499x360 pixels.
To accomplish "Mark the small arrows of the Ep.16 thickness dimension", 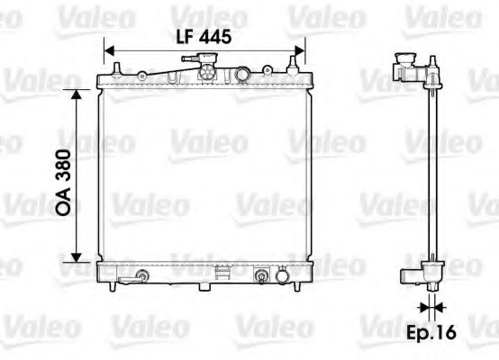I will point(432,307).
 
